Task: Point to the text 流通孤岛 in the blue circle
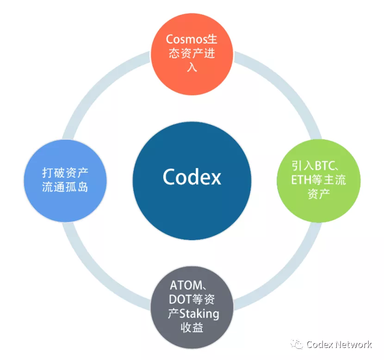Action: pos(65,188)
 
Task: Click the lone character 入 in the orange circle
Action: pos(192,67)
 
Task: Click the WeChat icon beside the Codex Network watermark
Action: pos(296,344)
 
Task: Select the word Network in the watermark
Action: pos(354,344)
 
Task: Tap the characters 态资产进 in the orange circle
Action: pos(192,54)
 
